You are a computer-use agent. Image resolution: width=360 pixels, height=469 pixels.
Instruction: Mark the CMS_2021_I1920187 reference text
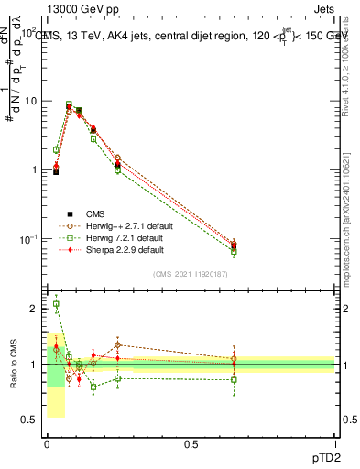tap(191, 274)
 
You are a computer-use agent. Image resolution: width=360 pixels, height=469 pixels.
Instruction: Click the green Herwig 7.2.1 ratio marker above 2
tap(56, 304)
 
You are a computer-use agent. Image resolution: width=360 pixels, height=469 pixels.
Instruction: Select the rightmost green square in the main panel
tap(235, 250)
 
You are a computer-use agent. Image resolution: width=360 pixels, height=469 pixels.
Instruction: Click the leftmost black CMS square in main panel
tap(56, 171)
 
